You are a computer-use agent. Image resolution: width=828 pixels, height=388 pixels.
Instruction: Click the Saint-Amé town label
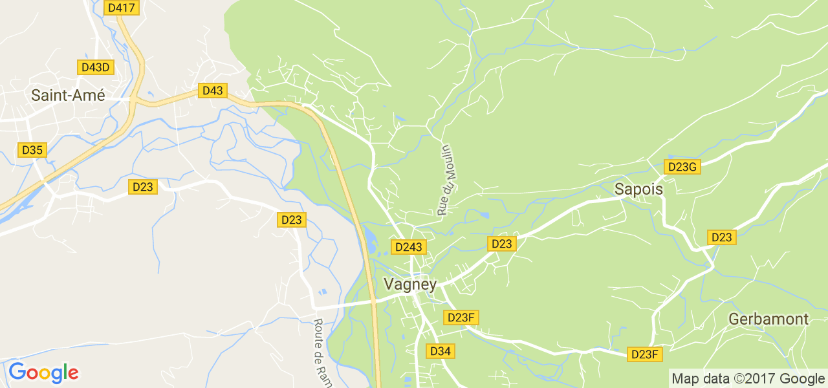pyautogui.click(x=68, y=95)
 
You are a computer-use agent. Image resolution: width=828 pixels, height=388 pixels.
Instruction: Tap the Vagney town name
pyautogui.click(x=410, y=284)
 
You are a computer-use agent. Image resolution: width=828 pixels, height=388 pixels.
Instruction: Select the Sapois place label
pyautogui.click(x=638, y=189)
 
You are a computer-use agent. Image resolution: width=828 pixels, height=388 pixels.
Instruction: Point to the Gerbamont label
pyautogui.click(x=768, y=319)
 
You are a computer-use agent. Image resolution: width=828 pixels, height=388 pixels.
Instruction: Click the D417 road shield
pyautogui.click(x=122, y=8)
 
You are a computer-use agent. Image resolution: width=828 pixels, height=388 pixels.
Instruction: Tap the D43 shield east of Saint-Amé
pyautogui.click(x=213, y=91)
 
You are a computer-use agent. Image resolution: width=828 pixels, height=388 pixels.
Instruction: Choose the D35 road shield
pyautogui.click(x=32, y=150)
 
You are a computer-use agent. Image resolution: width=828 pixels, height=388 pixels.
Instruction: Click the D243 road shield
pyautogui.click(x=409, y=247)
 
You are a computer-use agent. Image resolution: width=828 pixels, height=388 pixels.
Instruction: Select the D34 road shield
pyautogui.click(x=440, y=351)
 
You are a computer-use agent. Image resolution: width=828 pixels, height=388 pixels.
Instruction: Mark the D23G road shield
pyautogui.click(x=682, y=167)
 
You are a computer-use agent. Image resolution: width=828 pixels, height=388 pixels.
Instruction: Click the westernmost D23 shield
pyautogui.click(x=143, y=187)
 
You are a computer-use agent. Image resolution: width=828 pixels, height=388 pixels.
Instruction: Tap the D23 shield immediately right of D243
pyautogui.click(x=502, y=244)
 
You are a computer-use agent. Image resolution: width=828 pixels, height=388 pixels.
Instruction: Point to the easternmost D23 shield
pyautogui.click(x=721, y=237)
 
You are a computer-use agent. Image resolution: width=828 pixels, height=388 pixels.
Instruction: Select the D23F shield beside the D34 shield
pyautogui.click(x=461, y=318)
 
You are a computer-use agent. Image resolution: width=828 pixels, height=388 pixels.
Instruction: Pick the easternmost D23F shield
pyautogui.click(x=645, y=354)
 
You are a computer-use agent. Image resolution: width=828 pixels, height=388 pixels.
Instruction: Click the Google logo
pyautogui.click(x=43, y=372)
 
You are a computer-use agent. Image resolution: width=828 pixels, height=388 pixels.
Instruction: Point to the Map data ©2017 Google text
pyautogui.click(x=748, y=378)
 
